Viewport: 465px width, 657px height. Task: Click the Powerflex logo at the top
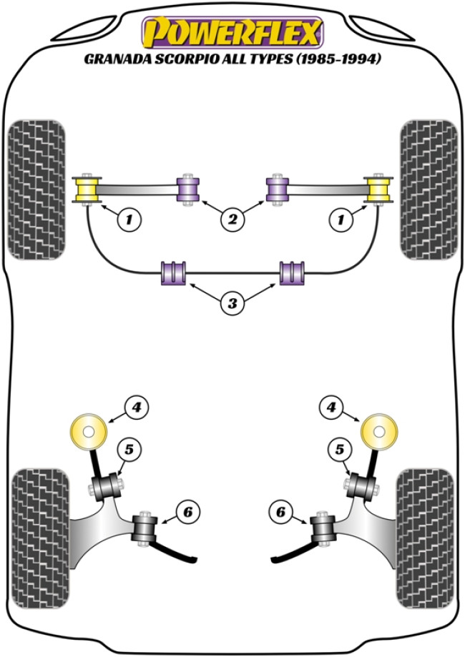click(x=232, y=32)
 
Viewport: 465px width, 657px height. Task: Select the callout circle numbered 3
click(x=232, y=304)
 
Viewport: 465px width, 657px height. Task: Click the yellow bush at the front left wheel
click(x=87, y=189)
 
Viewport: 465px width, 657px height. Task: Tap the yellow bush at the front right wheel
click(x=378, y=189)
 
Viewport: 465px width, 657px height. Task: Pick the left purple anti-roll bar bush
click(x=174, y=273)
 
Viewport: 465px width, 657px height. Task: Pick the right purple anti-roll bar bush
click(x=290, y=273)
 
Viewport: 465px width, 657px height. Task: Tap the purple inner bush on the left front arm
click(x=190, y=189)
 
